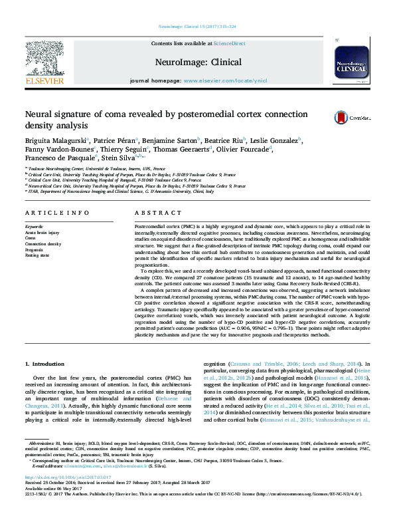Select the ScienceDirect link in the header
coord(229,43)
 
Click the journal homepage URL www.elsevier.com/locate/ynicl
coord(225,80)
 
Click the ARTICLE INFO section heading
coord(57,213)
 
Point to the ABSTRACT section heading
coord(155,213)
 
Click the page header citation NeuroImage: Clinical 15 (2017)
coord(197,7)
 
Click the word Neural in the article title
coord(40,113)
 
